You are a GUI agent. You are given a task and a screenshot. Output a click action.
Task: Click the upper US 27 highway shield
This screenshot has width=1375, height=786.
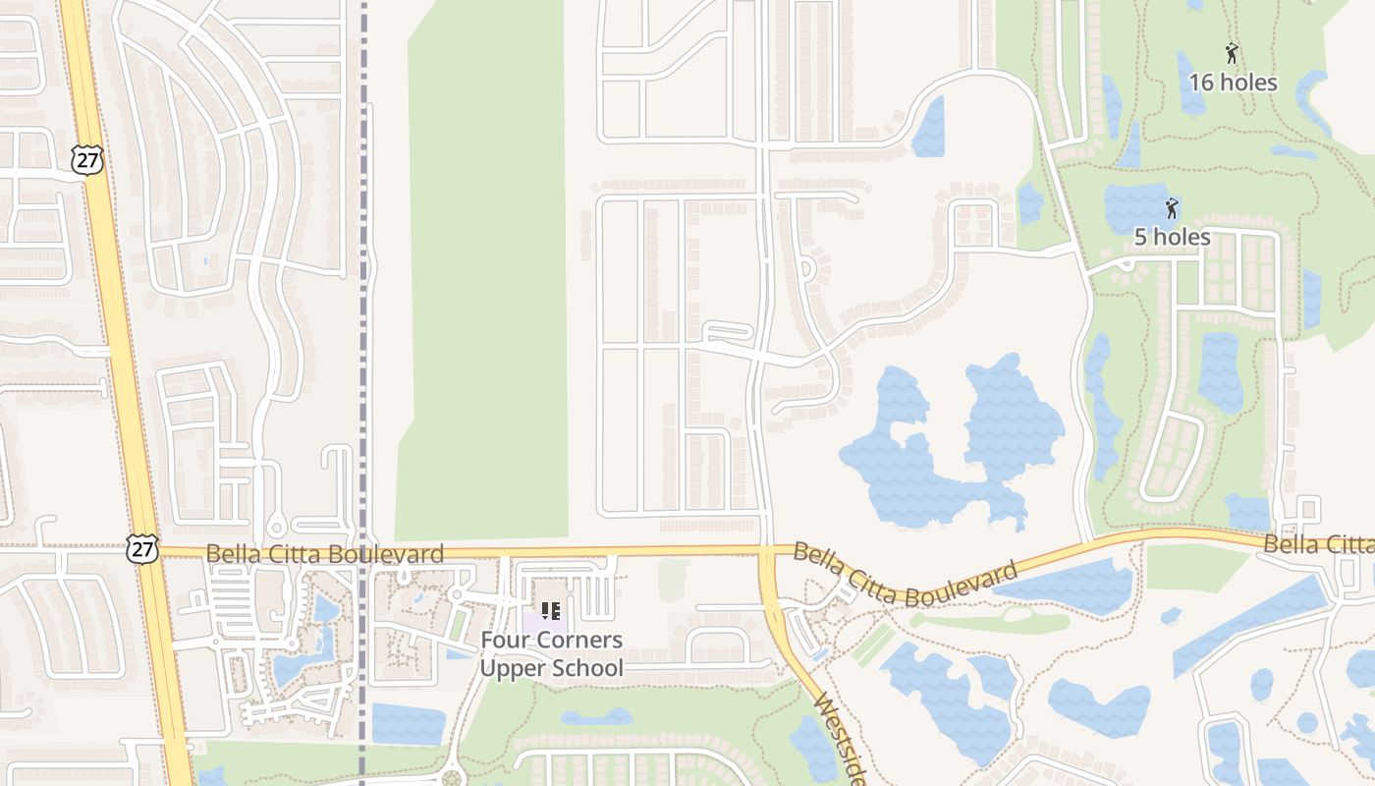coord(87,160)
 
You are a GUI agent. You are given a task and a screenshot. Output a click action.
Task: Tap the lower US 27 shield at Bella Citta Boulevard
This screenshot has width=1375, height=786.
coord(142,548)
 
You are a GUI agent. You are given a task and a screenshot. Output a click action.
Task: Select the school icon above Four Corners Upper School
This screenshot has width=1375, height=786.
coord(551,611)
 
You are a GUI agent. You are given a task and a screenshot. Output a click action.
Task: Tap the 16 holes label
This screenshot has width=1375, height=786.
coord(1233,83)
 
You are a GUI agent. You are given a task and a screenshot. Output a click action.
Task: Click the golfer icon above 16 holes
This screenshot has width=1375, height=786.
coord(1232,53)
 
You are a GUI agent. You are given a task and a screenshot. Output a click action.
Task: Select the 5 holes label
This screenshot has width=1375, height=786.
coord(1172,237)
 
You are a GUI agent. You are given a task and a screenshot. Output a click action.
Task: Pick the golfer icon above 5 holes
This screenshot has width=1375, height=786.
coord(1171,207)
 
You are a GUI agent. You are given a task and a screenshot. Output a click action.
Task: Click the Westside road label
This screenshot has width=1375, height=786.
coord(841,739)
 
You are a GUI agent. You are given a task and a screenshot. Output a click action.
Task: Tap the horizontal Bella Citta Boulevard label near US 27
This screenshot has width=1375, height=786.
coord(324,554)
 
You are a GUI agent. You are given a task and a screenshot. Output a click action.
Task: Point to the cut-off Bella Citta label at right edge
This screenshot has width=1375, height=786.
coord(1319,544)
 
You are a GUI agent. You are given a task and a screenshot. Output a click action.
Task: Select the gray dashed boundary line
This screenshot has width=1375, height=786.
coord(363,295)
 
